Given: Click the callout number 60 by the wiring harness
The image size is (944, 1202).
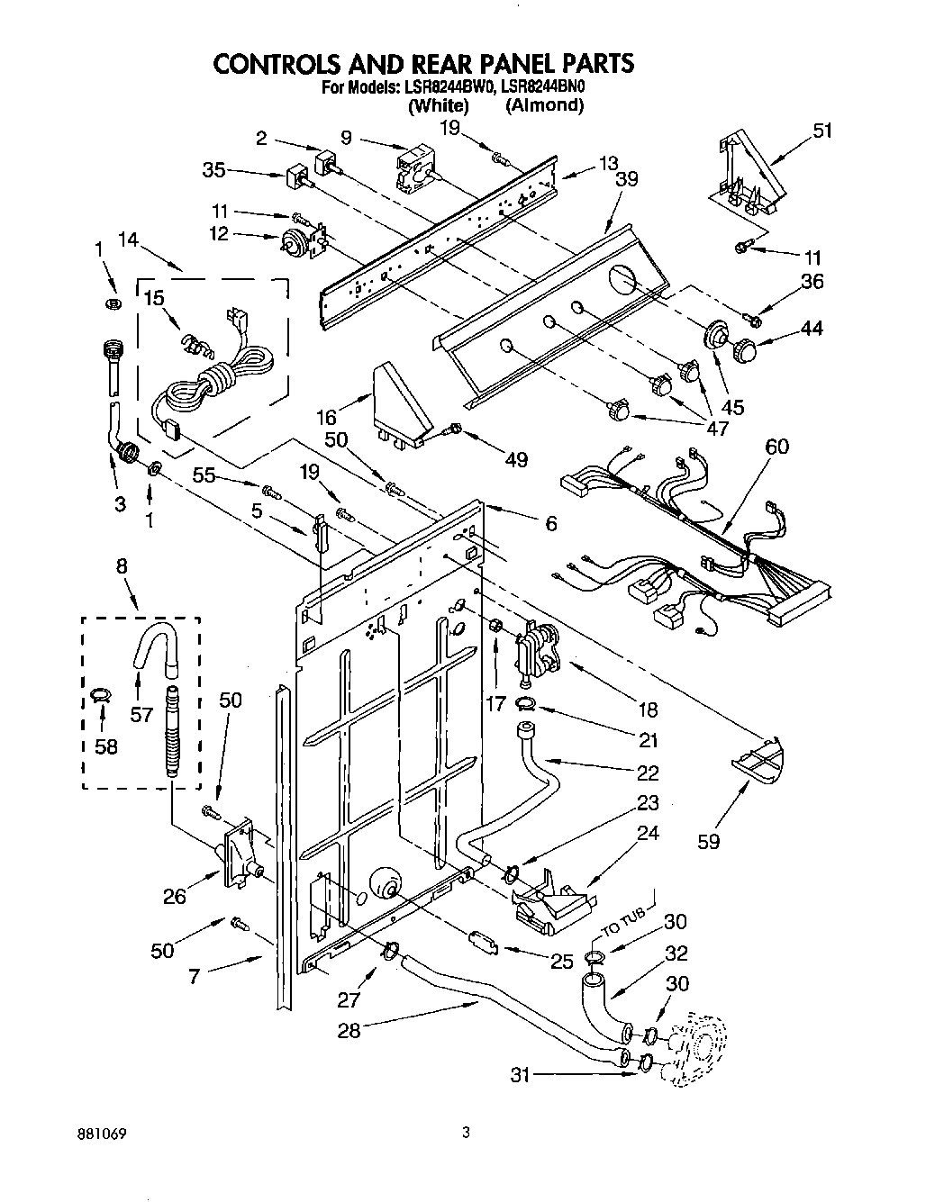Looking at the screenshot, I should (776, 446).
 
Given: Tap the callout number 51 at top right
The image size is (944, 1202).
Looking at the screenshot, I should (821, 131).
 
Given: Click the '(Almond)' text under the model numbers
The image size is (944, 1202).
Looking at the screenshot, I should (544, 105).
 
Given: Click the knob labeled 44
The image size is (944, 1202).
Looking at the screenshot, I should (745, 348).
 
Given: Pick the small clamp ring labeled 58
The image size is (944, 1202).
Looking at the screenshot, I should (101, 693).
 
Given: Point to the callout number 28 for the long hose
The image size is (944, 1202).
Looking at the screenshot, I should (349, 1031).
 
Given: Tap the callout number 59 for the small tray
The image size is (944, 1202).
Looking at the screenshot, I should (709, 843).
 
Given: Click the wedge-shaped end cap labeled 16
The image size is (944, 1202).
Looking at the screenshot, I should (401, 402).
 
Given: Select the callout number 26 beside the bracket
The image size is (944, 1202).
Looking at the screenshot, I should (174, 895).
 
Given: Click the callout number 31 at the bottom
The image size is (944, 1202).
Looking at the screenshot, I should (519, 1073).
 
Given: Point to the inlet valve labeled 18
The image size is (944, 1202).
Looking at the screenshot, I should (536, 646).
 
